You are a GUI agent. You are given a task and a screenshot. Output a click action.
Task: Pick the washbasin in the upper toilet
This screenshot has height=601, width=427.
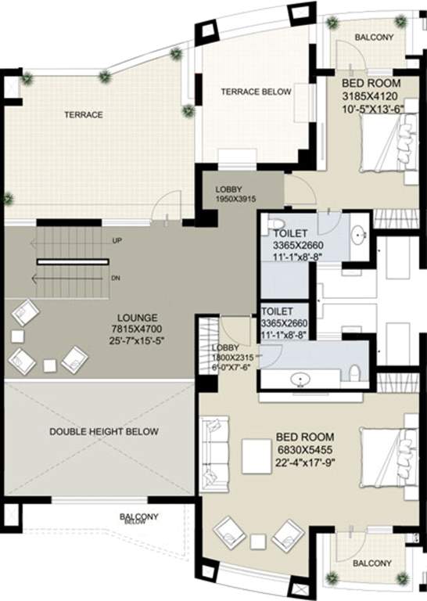tap(359, 234)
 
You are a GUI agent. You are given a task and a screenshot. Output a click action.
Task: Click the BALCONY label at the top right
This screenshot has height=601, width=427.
tap(374, 38)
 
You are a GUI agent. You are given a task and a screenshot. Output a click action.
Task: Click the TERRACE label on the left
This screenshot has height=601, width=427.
tap(83, 115)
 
